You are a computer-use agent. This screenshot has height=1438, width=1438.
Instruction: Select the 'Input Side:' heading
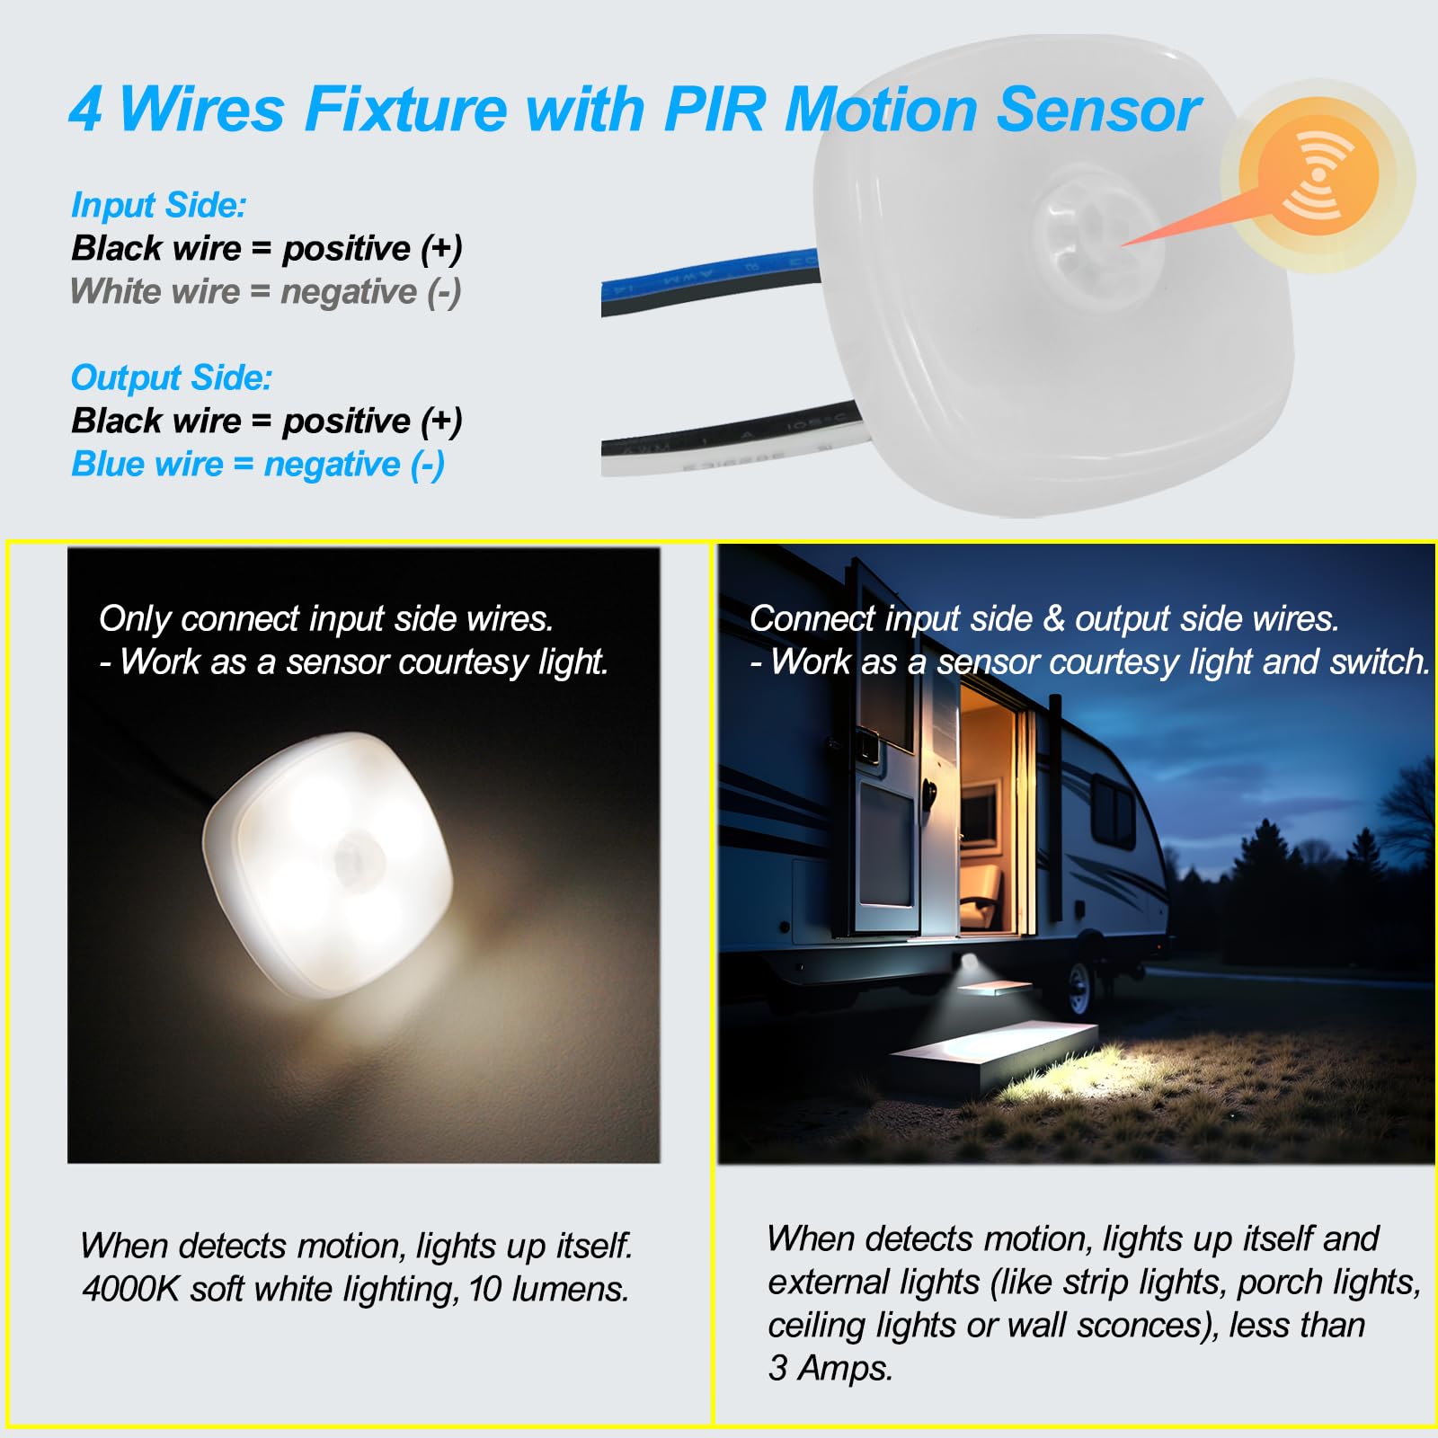tap(158, 206)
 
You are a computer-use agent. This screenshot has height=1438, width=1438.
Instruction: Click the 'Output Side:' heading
tap(171, 378)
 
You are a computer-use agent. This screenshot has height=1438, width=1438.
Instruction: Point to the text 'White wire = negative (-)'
tap(266, 292)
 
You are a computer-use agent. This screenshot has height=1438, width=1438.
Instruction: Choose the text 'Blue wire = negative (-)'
tap(258, 465)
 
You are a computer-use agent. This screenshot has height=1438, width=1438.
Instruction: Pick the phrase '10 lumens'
tap(547, 1290)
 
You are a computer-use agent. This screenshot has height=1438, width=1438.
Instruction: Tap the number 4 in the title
tap(86, 110)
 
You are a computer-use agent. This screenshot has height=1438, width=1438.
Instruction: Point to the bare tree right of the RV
tap(1407, 809)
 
